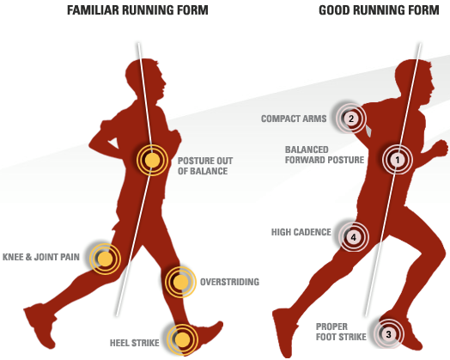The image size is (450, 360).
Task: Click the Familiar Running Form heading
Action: click(x=137, y=10)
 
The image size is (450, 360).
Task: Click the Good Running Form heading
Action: click(x=379, y=10)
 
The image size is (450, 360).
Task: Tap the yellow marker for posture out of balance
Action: click(x=152, y=160)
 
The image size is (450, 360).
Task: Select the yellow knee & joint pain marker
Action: click(x=105, y=259)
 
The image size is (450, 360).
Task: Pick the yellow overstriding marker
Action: click(x=180, y=282)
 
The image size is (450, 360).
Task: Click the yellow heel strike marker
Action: click(x=183, y=340)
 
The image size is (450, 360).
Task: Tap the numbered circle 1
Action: click(x=398, y=160)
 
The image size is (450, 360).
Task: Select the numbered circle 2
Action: click(x=350, y=119)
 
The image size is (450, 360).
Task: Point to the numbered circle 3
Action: click(x=388, y=334)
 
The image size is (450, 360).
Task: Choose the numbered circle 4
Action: click(x=353, y=237)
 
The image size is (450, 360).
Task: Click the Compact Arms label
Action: click(x=294, y=119)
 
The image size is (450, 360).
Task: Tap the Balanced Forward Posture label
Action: click(x=325, y=155)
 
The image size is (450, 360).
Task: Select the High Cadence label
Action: click(x=301, y=232)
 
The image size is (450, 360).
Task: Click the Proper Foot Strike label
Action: click(x=341, y=332)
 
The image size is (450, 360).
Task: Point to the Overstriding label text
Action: click(x=229, y=282)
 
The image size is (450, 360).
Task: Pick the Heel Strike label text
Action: click(x=135, y=343)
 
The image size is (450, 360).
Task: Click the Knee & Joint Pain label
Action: click(x=41, y=257)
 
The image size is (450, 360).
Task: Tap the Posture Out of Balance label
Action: click(x=205, y=166)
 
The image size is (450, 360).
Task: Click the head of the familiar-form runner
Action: click(x=146, y=79)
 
